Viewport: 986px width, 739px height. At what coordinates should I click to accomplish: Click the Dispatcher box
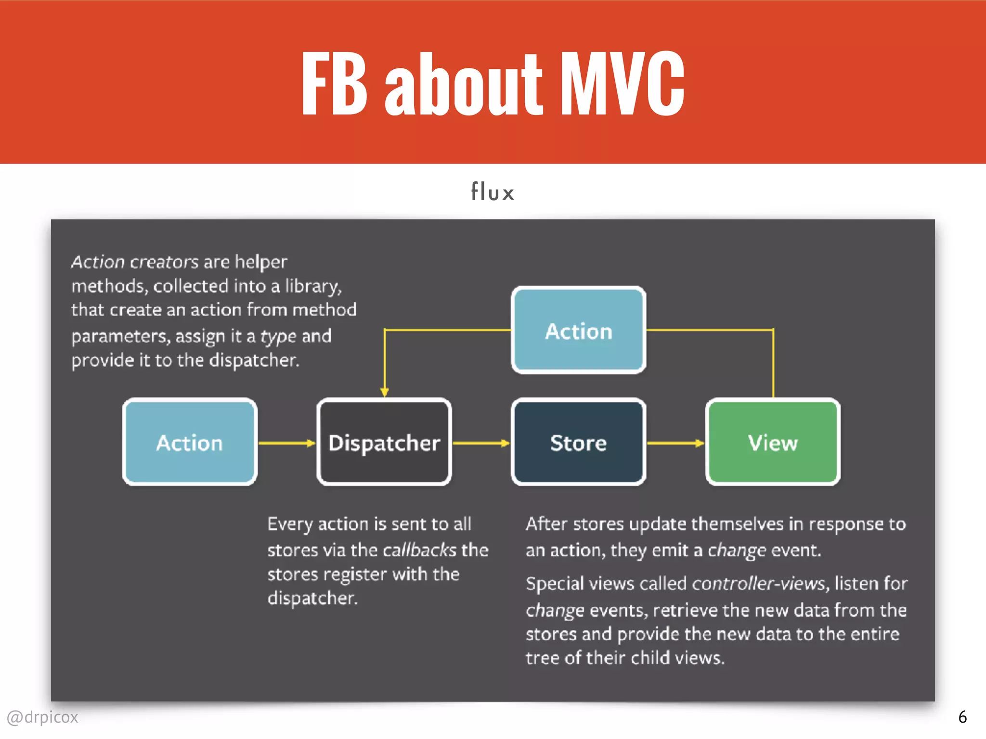[384, 442]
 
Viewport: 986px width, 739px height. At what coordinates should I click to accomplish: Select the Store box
[578, 442]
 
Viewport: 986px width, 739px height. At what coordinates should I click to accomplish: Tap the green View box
[773, 442]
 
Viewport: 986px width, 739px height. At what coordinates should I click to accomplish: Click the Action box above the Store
[578, 331]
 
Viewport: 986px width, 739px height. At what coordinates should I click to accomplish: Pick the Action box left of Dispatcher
[190, 442]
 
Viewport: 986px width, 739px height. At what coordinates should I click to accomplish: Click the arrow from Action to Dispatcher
[286, 443]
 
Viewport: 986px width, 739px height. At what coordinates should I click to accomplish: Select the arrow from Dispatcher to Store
[481, 443]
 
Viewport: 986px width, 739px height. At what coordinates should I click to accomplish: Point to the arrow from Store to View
[675, 443]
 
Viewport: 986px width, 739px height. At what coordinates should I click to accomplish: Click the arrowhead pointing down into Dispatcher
[384, 391]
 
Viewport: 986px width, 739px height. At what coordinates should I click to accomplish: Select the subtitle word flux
[493, 192]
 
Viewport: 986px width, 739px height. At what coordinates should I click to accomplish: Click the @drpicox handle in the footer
[42, 717]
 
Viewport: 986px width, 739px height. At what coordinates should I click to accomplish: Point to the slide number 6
[962, 717]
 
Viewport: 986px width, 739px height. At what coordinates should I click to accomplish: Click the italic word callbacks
[419, 550]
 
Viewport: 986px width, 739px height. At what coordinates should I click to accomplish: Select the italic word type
[278, 336]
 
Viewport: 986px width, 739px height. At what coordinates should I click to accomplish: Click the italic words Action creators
[135, 262]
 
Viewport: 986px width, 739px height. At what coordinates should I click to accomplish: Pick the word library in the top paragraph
[312, 286]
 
